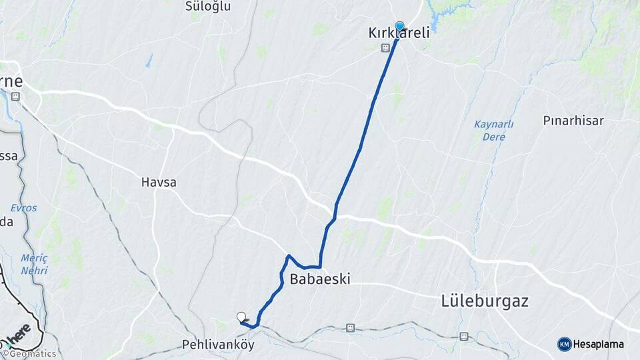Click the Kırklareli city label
tap(399, 33)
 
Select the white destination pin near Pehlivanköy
tap(241, 317)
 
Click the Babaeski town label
tap(320, 279)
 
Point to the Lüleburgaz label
tap(485, 301)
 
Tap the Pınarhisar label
tap(573, 121)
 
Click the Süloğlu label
tap(207, 6)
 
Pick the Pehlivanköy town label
tap(218, 345)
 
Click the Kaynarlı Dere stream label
tap(493, 131)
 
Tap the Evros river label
tap(23, 207)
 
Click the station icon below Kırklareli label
tap(385, 48)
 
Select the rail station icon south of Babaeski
tap(350, 328)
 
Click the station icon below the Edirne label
tap(15, 97)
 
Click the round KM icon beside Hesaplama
tap(565, 344)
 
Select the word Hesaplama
tap(599, 344)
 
